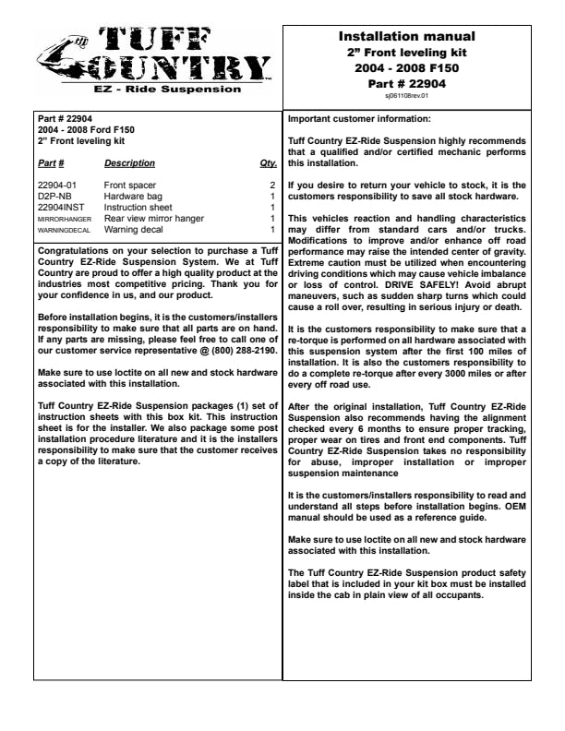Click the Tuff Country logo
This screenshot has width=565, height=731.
pos(154,55)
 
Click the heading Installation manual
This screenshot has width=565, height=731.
pos(407,37)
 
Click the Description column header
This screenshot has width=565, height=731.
pos(129,163)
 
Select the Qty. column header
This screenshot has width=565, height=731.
pos(269,163)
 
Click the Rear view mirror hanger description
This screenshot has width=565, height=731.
pos(153,219)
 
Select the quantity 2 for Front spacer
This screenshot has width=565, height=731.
pos(272,186)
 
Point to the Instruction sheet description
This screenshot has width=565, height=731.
pos(138,208)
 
